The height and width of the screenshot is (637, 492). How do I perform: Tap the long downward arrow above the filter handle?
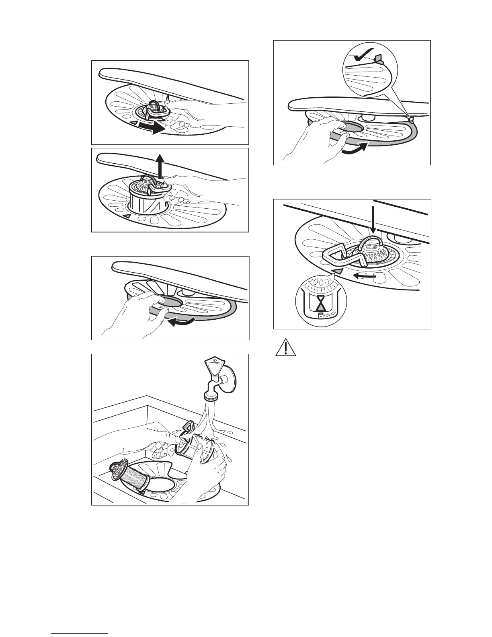click(x=374, y=219)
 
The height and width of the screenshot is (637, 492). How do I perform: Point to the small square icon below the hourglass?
click(x=320, y=316)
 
